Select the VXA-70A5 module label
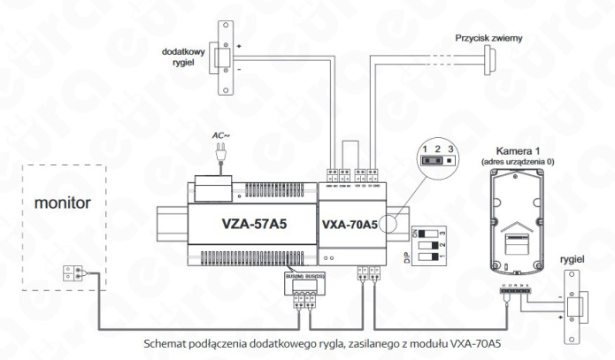pos(351,223)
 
